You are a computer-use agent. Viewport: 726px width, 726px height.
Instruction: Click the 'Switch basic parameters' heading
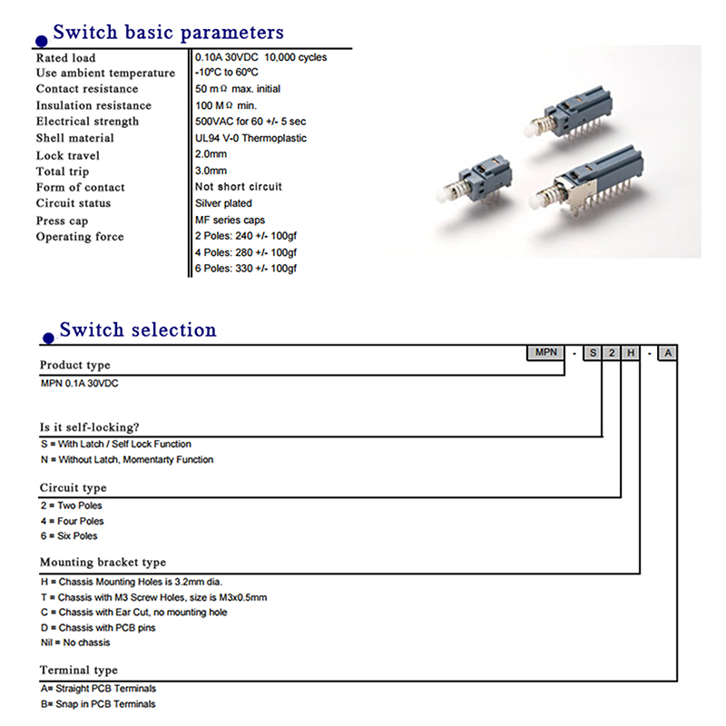click(x=168, y=34)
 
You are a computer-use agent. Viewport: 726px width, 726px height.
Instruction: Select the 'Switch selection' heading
click(x=138, y=330)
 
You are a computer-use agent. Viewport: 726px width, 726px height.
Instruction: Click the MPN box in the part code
click(x=545, y=353)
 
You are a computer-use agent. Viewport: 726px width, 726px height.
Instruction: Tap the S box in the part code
click(x=592, y=353)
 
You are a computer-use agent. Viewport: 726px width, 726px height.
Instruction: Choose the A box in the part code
click(x=668, y=353)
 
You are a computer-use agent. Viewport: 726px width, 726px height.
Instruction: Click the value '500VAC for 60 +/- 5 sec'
click(x=250, y=122)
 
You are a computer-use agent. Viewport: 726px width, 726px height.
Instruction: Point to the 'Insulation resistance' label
click(x=93, y=105)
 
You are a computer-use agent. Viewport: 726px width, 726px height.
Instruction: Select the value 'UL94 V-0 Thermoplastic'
click(x=250, y=138)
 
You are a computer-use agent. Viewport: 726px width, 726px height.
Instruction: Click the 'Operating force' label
click(x=80, y=237)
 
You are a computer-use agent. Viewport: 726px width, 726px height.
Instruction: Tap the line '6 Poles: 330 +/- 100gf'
click(x=246, y=269)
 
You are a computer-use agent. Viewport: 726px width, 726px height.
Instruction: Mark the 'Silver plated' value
click(x=223, y=203)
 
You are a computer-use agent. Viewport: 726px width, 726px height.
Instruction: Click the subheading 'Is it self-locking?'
click(x=89, y=427)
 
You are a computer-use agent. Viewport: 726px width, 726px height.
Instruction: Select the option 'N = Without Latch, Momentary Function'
click(x=127, y=460)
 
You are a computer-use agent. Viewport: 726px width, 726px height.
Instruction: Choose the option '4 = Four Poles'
click(x=72, y=521)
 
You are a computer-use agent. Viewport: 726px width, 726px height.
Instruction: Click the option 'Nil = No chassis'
click(x=75, y=643)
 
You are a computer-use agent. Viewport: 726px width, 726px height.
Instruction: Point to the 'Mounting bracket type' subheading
click(x=103, y=562)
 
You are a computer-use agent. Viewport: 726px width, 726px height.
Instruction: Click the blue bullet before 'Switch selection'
click(x=47, y=338)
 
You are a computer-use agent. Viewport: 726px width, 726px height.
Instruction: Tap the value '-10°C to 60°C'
click(x=227, y=73)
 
